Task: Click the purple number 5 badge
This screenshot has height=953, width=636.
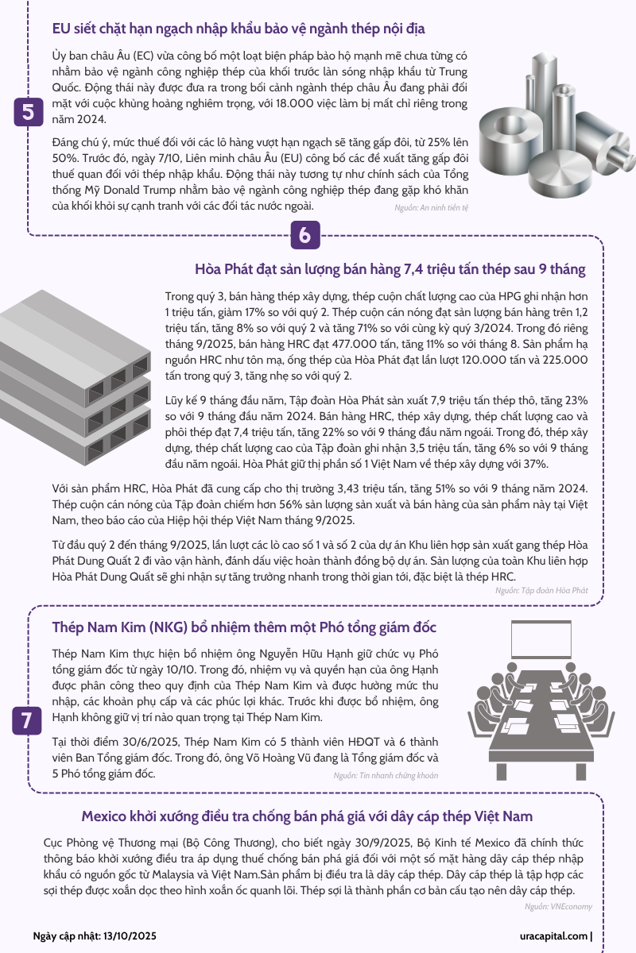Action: (x=29, y=112)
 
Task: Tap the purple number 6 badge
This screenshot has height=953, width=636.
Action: (x=305, y=235)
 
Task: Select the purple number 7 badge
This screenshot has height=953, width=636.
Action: (x=27, y=721)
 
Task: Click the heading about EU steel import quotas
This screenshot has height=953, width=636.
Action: (x=238, y=29)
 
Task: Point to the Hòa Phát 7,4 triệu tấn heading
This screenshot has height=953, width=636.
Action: (x=390, y=269)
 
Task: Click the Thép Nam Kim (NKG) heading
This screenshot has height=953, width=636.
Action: (x=244, y=627)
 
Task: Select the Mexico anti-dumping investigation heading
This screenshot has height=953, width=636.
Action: (x=307, y=816)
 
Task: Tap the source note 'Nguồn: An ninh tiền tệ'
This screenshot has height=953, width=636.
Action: (x=431, y=207)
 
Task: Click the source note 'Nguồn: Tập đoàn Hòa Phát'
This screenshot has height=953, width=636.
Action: (x=541, y=590)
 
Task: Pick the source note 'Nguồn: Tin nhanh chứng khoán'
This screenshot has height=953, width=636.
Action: (x=386, y=775)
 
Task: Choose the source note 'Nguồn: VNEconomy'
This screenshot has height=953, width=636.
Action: (x=558, y=906)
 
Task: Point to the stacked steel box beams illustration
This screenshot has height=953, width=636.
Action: (x=75, y=377)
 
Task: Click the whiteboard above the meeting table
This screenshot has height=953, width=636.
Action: (x=541, y=639)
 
